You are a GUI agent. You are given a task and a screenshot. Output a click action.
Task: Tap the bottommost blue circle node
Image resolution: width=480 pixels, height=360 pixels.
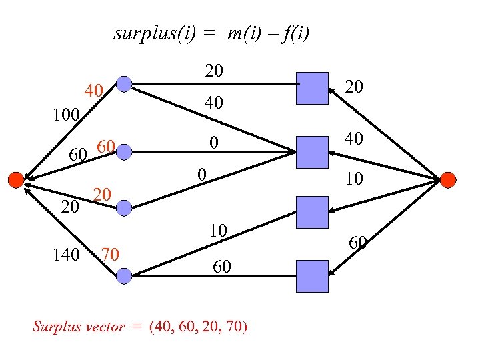124,274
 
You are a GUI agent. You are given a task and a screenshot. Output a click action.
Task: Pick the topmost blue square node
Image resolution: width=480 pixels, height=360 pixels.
312,88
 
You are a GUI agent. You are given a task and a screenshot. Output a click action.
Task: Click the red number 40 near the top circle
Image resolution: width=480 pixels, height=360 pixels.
93,91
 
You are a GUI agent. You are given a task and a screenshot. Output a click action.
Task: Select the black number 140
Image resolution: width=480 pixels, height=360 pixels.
66,254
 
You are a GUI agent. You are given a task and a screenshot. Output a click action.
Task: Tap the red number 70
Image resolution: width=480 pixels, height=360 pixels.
109,254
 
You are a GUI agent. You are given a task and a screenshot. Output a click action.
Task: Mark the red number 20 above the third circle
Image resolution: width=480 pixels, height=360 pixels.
101,194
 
